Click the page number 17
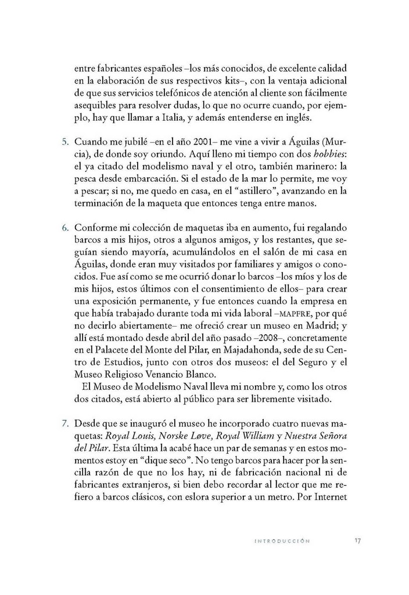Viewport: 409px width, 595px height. [x=358, y=540]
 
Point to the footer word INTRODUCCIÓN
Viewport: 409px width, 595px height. [x=282, y=541]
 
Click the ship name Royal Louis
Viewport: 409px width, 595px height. [x=135, y=435]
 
